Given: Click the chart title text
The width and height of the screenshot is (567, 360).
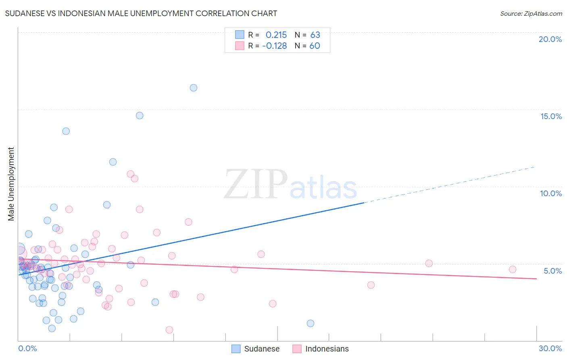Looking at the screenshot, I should pos(141,13).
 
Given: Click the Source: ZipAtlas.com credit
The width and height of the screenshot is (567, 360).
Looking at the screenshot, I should pos(531,13).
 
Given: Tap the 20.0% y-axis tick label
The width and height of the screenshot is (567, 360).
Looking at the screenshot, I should pos(550,39).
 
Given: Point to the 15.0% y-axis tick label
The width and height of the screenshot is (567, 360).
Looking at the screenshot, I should pos(551,116).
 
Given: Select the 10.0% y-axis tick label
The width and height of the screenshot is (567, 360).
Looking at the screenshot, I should pos(551,193).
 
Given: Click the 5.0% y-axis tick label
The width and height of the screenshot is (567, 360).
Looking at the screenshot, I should pos(552,271).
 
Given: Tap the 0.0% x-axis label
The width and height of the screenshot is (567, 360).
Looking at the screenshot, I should pos(27,348).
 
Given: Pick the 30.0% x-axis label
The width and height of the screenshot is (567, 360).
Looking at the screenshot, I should pos(550,348).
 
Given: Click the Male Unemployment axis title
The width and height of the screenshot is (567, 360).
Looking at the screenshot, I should pos(11,184).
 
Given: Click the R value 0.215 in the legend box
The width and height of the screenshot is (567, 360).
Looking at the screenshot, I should pos(276,35).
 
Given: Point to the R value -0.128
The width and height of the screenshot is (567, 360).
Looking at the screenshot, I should pos(274,46).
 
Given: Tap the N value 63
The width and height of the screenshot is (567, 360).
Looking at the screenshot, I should pos(315,35).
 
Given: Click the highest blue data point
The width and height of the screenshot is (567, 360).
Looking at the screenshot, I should pos(194,88).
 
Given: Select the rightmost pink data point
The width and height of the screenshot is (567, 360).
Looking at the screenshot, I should pos(513,269).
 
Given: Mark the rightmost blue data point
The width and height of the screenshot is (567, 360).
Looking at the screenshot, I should pos(311,323).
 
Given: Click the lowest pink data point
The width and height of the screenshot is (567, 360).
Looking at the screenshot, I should pos(169,330).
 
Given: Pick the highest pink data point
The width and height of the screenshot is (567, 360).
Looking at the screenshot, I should pos(131,174).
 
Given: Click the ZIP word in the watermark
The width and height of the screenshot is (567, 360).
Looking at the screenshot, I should pos(256,184).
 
